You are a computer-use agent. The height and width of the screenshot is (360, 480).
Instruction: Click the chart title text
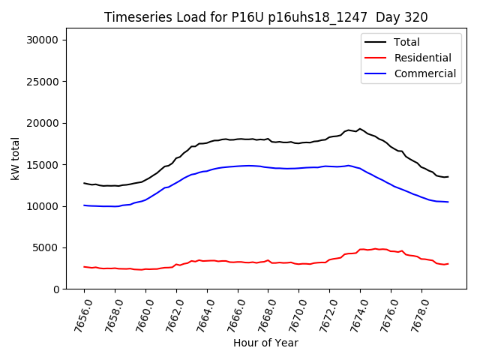click(265, 17)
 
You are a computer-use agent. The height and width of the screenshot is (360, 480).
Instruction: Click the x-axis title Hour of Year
click(265, 343)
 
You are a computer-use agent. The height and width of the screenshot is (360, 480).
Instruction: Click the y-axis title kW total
click(16, 159)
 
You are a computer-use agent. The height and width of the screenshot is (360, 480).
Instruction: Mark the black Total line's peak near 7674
click(360, 129)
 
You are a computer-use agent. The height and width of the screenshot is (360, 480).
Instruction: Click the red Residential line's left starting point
click(85, 267)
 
